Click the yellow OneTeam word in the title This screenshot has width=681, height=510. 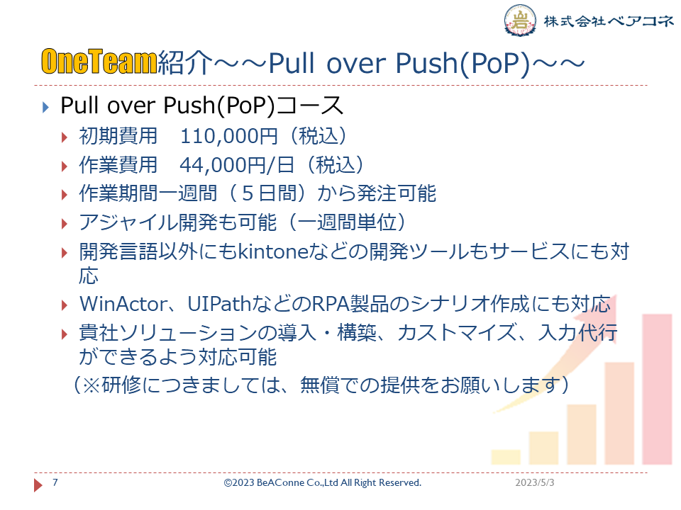pyautogui.click(x=99, y=62)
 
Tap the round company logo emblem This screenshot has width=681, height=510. pyautogui.click(x=520, y=20)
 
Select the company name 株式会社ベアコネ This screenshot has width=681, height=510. pyautogui.click(x=609, y=21)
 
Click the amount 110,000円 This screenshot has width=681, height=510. pyautogui.click(x=229, y=136)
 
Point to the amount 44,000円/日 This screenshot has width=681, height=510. pyautogui.click(x=237, y=165)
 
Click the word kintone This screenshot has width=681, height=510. pyautogui.click(x=273, y=251)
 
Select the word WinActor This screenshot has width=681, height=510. pyautogui.click(x=123, y=304)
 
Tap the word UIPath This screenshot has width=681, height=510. pyautogui.click(x=220, y=304)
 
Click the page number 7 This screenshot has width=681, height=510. pyautogui.click(x=55, y=482)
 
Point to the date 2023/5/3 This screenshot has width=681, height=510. pyautogui.click(x=535, y=482)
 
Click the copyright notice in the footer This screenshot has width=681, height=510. pyautogui.click(x=322, y=482)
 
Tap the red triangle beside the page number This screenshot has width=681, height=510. pyautogui.click(x=38, y=484)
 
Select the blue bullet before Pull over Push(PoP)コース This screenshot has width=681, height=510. pyautogui.click(x=46, y=107)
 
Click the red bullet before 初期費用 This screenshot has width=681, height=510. pyautogui.click(x=65, y=138)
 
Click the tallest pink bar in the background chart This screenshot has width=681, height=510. pyautogui.click(x=657, y=389)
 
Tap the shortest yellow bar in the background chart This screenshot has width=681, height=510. pyautogui.click(x=506, y=457)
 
